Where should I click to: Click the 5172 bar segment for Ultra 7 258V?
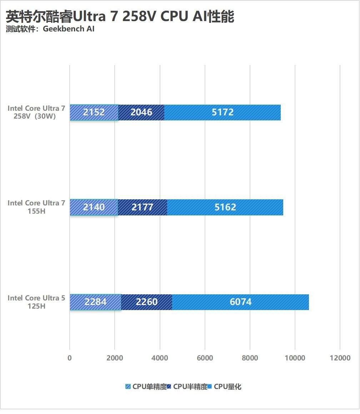pyautogui.click(x=222, y=113)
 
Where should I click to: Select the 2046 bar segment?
pyautogui.click(x=141, y=113)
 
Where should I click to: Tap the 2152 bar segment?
pyautogui.click(x=94, y=113)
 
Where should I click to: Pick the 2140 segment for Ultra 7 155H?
pyautogui.click(x=94, y=207)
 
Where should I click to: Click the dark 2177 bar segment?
pyautogui.click(x=142, y=207)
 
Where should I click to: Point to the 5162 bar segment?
pyautogui.click(x=225, y=207)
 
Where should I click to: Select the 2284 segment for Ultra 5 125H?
pyautogui.click(x=95, y=302)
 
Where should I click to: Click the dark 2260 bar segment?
pyautogui.click(x=146, y=302)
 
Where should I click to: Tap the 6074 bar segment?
pyautogui.click(x=240, y=302)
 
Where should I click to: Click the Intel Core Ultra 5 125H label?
pyautogui.click(x=36, y=302)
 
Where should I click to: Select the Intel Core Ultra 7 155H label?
pyautogui.click(x=36, y=207)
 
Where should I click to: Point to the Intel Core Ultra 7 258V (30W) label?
pyautogui.click(x=36, y=112)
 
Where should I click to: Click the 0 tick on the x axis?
pyautogui.click(x=70, y=358)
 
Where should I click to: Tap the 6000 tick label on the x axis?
pyautogui.click(x=205, y=358)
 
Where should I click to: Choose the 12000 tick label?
pyautogui.click(x=340, y=358)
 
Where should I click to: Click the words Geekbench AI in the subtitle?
pyautogui.click(x=69, y=29)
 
